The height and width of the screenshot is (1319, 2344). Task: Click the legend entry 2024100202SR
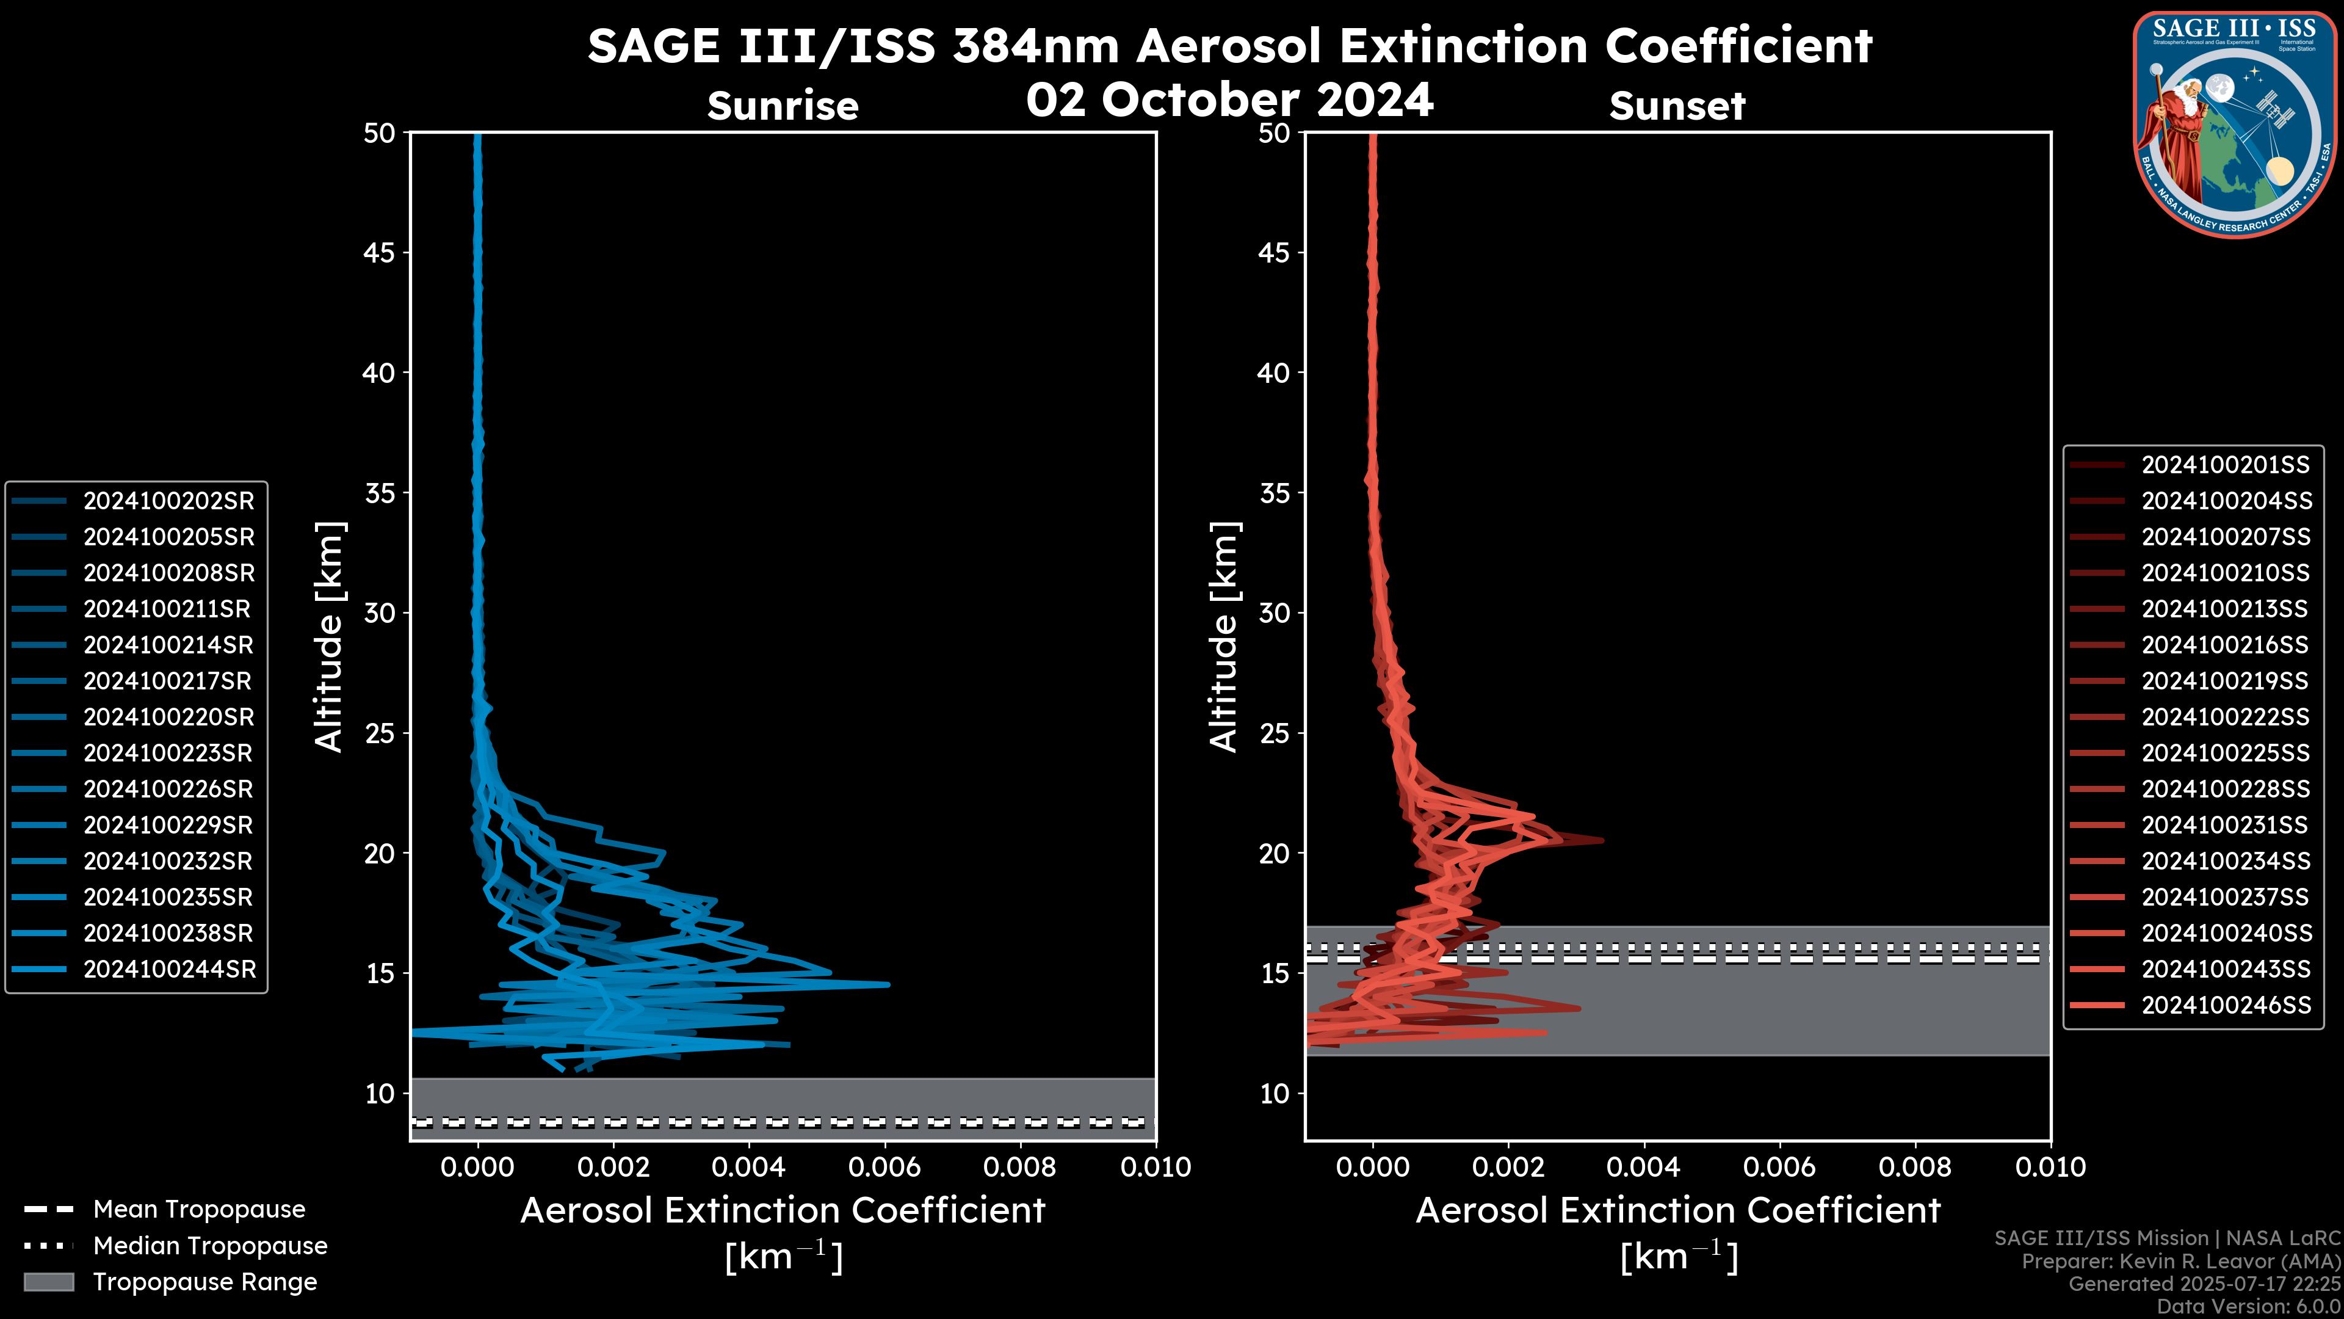pos(168,501)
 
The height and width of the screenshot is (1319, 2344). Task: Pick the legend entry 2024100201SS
pos(2225,465)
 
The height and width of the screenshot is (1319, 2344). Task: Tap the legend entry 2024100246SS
pos(2225,1005)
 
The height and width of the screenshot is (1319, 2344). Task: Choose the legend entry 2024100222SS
pos(2225,718)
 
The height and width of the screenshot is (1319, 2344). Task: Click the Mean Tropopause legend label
pos(199,1210)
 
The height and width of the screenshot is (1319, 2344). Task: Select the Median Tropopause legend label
pos(210,1246)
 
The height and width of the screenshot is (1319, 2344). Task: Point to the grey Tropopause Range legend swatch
pos(49,1282)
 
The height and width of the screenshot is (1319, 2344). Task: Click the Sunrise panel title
pos(783,106)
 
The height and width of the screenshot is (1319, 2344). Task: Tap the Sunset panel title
pos(1677,106)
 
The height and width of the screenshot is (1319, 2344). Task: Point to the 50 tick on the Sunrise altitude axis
pos(380,134)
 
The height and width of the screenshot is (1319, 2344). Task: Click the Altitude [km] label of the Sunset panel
pos(1224,637)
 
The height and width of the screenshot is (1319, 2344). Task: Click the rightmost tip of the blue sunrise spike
pos(888,984)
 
